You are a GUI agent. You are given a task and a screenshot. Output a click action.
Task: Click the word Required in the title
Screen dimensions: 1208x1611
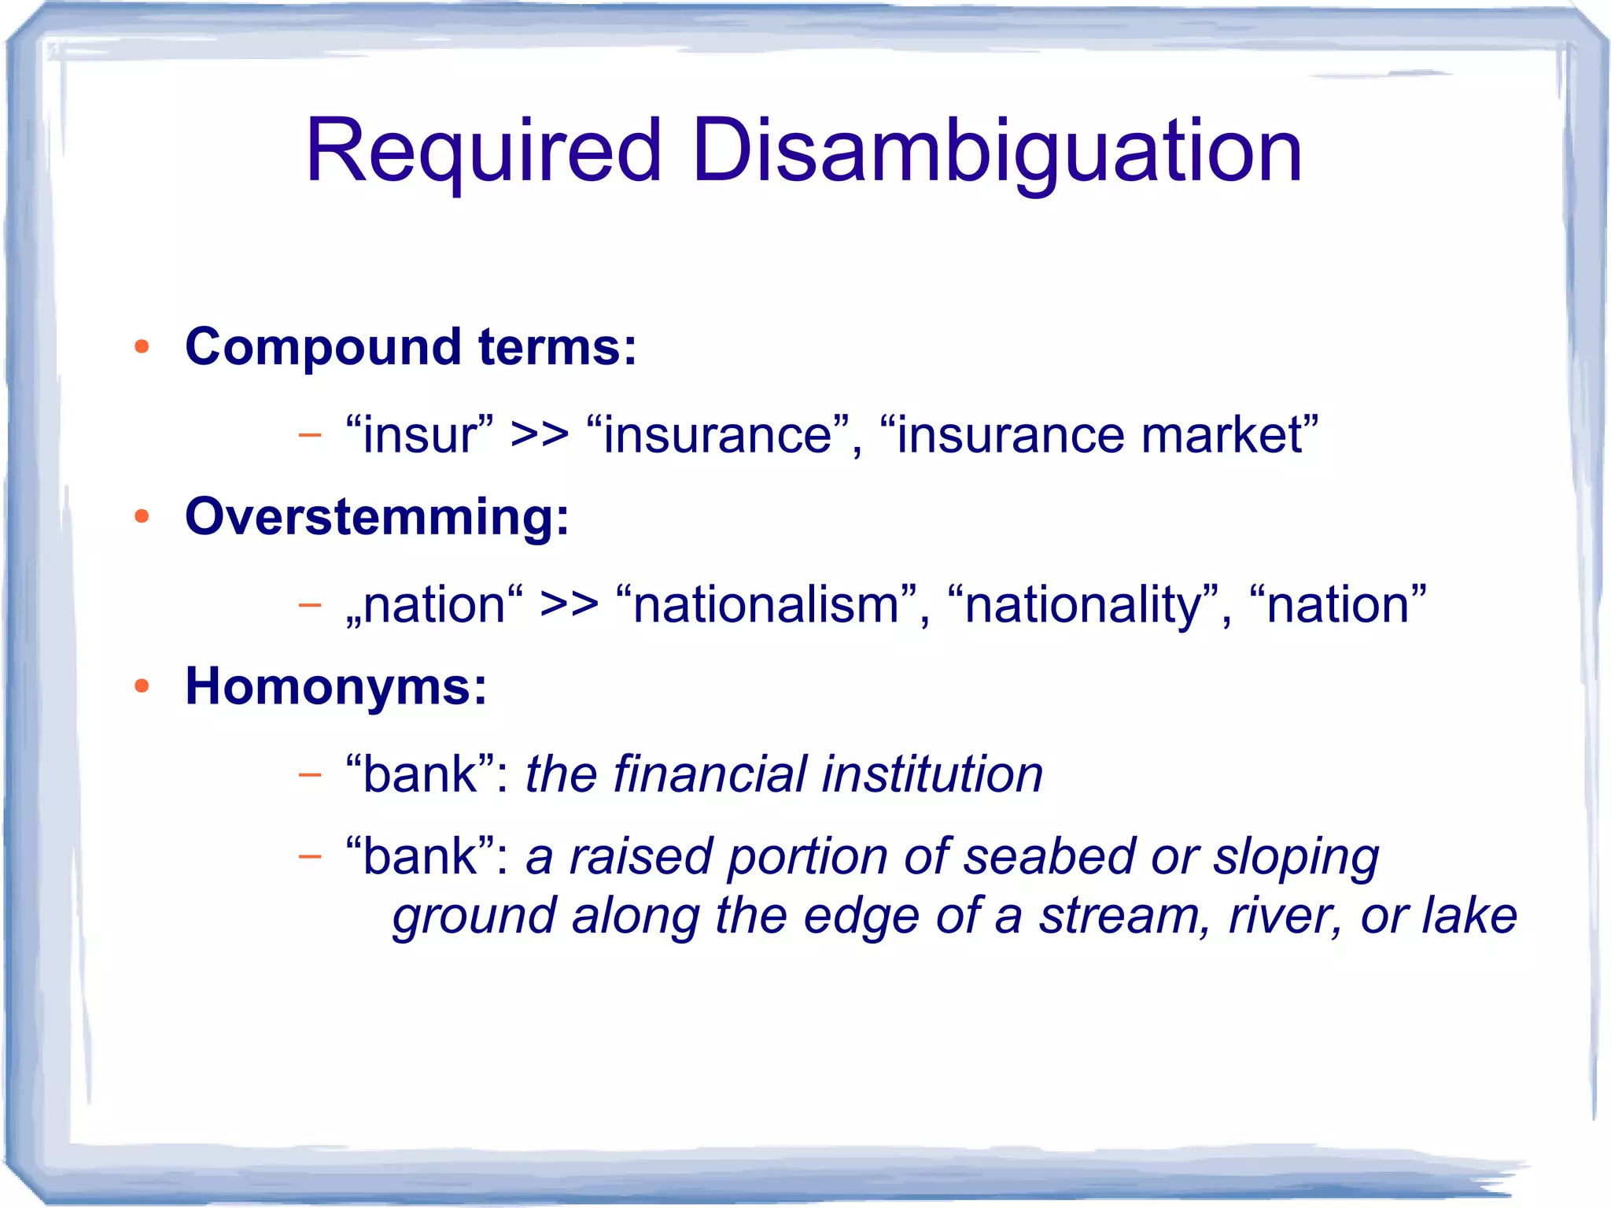tap(482, 152)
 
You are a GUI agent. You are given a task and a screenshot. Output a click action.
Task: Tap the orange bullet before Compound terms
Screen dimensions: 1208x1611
tap(142, 347)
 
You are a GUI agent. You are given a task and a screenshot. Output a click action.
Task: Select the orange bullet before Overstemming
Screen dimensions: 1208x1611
tap(142, 516)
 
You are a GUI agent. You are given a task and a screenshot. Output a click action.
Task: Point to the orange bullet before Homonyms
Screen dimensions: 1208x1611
tap(142, 686)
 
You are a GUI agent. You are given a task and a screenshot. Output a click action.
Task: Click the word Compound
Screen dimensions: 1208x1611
tap(323, 347)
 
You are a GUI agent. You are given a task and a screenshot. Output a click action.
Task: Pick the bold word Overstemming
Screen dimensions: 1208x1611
tap(376, 517)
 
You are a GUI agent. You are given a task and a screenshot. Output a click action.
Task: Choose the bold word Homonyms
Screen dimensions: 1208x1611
tap(335, 687)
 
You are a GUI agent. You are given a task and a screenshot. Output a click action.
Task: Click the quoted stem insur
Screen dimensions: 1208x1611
tap(420, 434)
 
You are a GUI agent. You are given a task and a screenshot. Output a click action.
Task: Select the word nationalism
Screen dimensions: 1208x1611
tap(766, 604)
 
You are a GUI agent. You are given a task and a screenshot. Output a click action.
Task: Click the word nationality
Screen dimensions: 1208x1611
tap(1084, 604)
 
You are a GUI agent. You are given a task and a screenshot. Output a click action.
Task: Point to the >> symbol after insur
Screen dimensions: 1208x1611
tap(540, 435)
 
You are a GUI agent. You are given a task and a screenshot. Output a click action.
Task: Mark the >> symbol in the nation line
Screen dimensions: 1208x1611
tap(569, 605)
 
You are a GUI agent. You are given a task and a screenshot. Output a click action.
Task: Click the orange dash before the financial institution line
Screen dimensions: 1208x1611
tap(310, 775)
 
